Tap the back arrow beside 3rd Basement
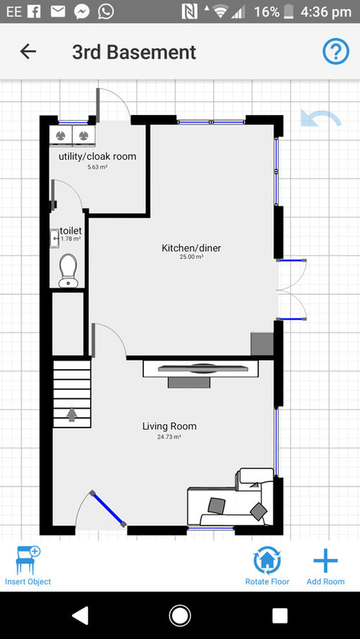pos(28,52)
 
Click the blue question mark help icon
pos(336,51)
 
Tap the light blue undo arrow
pos(321,118)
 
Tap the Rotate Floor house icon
pos(267,561)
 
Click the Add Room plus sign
pos(325,561)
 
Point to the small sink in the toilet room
pos(55,238)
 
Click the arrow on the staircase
pos(72,414)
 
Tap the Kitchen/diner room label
pos(192,248)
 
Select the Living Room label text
pos(169,426)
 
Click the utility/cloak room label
pos(97,156)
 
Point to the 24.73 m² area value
pos(169,437)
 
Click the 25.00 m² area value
pos(192,257)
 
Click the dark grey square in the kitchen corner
pos(262,344)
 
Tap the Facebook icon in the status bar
pos(34,12)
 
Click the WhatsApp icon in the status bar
pos(106,12)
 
